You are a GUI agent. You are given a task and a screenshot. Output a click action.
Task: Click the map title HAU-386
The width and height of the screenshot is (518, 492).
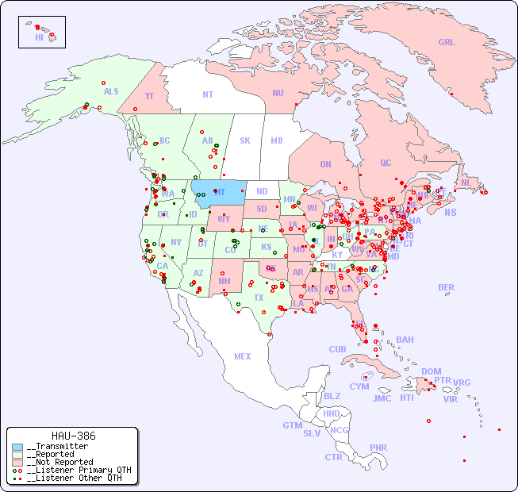pos(73,436)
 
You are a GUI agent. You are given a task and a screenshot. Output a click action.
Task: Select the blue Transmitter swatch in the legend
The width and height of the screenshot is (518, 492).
pos(17,447)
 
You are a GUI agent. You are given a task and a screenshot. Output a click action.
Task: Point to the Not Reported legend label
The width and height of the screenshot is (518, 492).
pos(59,462)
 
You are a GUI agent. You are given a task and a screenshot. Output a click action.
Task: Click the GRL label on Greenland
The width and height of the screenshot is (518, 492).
pos(447,43)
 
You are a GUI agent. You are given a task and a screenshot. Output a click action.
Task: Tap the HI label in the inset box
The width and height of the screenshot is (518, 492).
pos(39,37)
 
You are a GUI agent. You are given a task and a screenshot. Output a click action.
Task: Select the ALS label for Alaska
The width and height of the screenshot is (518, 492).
pos(111,91)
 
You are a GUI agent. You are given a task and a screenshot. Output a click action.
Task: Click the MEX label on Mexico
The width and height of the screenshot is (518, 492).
pos(243,356)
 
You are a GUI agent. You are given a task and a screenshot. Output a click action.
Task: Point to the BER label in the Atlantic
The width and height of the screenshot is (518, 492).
pos(447,287)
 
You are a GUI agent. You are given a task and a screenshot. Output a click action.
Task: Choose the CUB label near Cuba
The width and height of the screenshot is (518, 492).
pos(337,349)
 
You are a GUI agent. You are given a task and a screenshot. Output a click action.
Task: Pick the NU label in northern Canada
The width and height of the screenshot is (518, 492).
pos(278,93)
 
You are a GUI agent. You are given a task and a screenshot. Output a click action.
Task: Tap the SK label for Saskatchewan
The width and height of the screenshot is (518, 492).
pos(245,140)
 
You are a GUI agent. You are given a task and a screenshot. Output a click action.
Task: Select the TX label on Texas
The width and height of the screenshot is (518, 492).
pos(259,298)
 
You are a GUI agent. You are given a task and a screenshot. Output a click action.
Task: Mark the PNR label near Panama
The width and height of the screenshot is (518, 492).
pos(378,448)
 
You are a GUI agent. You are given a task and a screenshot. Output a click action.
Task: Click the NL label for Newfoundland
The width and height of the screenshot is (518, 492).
pos(466,183)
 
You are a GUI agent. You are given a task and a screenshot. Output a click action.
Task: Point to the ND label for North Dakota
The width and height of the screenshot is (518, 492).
pos(262,191)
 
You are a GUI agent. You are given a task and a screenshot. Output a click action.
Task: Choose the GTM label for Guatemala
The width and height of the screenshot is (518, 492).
pos(292,425)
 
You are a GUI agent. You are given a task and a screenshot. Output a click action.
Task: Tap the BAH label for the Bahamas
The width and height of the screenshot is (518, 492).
pos(405,340)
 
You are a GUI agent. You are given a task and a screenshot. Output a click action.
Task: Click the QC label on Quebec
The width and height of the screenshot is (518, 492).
pos(386,163)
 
